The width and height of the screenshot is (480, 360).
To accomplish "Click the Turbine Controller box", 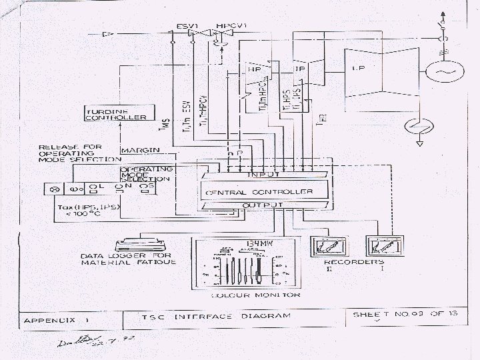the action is tap(116, 114).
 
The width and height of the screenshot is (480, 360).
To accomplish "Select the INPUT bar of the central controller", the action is tap(263, 175).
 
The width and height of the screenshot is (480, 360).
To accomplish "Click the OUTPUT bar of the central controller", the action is tap(263, 205).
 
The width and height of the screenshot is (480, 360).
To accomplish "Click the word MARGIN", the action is tap(134, 150).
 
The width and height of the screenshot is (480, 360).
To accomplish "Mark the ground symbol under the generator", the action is tap(420, 141).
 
